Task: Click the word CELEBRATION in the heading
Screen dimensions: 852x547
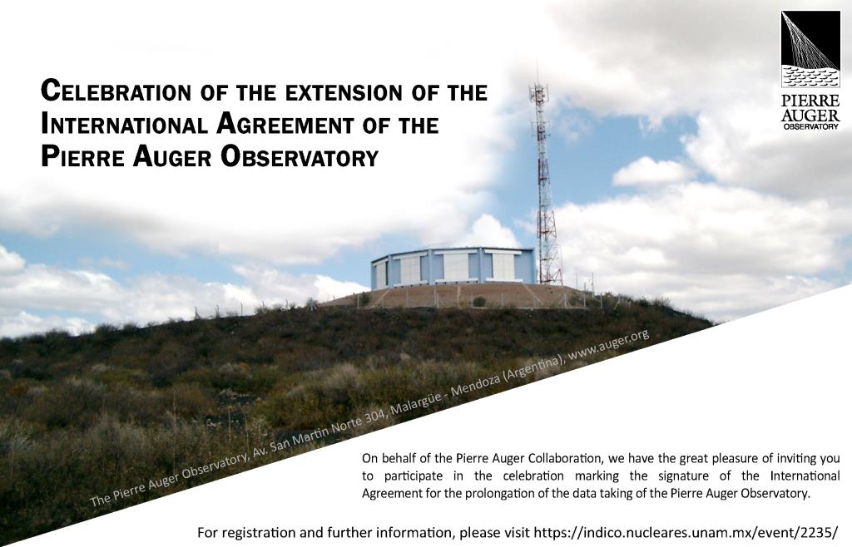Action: click(x=116, y=91)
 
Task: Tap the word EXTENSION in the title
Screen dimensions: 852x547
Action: click(x=344, y=92)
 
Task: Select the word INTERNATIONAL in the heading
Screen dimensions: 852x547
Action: click(x=124, y=124)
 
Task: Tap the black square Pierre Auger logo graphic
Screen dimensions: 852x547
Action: click(x=810, y=49)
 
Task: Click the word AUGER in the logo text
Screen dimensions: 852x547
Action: click(x=810, y=115)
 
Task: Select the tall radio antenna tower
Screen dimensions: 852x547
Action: click(x=545, y=179)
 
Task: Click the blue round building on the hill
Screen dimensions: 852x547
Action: click(x=453, y=267)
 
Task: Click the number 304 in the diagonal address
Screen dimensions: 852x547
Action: click(x=373, y=420)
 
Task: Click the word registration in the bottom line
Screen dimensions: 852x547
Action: click(x=252, y=533)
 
